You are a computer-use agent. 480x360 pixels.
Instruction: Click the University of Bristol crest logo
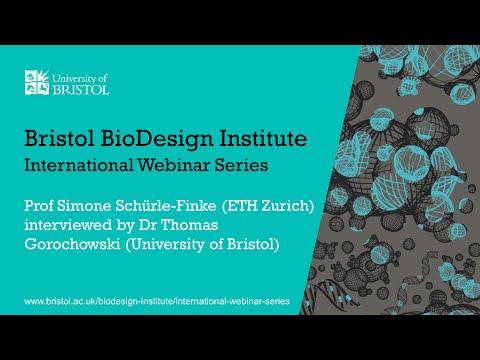coord(36,82)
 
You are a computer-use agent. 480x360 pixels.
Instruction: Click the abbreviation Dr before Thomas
coord(165,226)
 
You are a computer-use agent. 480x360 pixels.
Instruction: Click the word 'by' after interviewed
coord(136,227)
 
